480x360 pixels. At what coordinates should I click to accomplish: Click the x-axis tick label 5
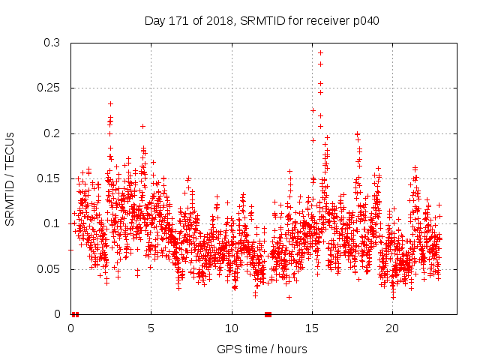point(151,328)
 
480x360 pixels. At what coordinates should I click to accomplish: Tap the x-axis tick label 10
point(232,328)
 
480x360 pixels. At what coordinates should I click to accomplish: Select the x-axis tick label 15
point(312,328)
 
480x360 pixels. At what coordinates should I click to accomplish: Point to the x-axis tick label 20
point(392,328)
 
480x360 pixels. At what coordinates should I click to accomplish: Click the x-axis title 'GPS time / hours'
point(262,349)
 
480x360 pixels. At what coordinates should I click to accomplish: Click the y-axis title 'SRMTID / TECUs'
point(10,178)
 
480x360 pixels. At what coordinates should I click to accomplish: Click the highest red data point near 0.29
point(320,52)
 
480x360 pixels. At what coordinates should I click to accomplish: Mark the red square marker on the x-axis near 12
point(268,314)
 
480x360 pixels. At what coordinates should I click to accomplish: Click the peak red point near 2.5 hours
point(110,103)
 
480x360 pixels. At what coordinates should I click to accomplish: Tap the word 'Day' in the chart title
point(154,20)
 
